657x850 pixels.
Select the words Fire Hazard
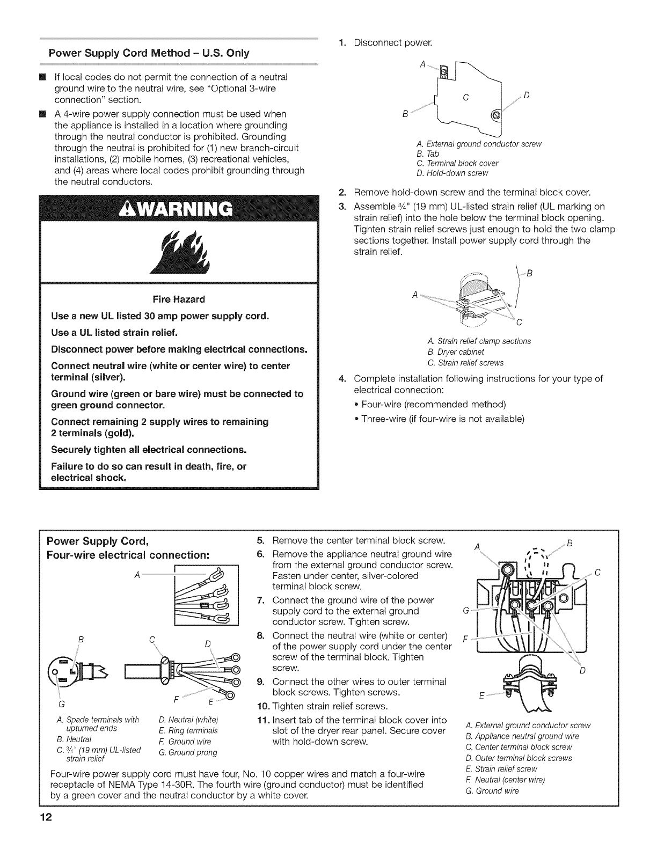179,298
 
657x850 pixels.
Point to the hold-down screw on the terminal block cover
495,115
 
